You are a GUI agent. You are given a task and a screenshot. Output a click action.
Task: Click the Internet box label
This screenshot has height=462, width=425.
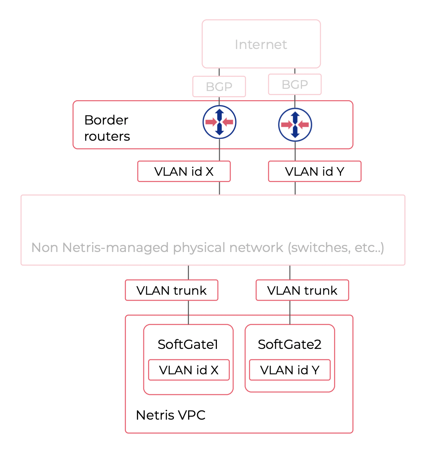point(261,45)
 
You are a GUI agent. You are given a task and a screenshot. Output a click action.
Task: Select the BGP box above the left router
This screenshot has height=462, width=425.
point(219,87)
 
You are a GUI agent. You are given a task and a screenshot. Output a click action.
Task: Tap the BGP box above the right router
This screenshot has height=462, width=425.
point(295,84)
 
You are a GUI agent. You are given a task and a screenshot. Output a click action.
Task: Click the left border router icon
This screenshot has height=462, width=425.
point(219,122)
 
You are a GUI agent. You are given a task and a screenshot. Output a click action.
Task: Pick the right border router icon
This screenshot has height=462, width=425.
point(295,125)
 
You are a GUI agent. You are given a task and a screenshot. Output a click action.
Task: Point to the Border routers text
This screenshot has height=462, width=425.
point(107,128)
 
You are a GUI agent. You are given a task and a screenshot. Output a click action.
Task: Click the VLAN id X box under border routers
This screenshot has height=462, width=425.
point(184,171)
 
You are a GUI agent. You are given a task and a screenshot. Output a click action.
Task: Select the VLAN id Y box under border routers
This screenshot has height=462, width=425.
point(315,171)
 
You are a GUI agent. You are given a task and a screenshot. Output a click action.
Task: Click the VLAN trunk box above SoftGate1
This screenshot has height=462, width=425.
point(172,290)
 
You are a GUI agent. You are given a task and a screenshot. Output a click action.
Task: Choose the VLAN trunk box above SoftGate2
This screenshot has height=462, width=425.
point(302,290)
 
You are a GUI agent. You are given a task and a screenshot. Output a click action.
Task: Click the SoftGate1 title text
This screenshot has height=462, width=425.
point(188,344)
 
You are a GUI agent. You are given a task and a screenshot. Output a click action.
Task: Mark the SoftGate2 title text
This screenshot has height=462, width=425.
point(289,344)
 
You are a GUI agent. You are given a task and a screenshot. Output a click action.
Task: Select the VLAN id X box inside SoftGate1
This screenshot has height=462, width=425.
point(189,370)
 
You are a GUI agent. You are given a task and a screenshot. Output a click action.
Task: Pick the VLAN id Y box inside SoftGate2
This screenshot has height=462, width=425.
point(289,370)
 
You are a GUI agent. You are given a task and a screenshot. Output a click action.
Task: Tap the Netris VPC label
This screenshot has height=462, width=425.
point(171,415)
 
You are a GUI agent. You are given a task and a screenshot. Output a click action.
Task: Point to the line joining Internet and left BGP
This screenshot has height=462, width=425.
point(219,72)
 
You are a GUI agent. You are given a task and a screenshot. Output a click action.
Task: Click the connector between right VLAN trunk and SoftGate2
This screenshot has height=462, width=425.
point(290,312)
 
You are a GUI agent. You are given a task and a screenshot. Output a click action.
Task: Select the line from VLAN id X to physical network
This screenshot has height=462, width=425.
point(219,188)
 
